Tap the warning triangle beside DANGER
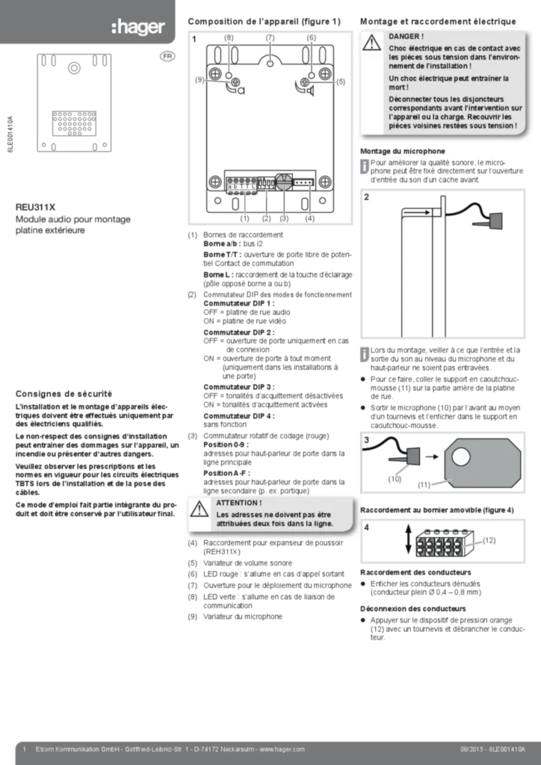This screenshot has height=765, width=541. [372, 43]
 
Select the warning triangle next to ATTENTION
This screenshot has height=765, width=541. [199, 510]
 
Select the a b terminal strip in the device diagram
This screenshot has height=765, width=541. [242, 182]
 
